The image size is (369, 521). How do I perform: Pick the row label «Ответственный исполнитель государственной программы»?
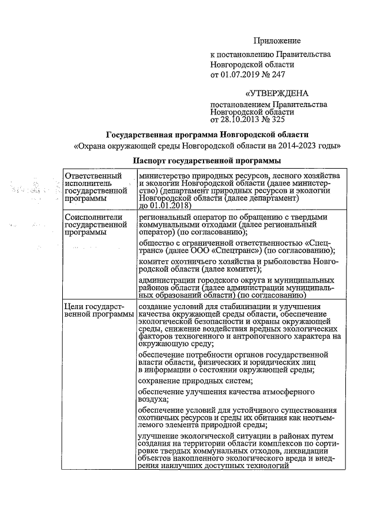(96, 187)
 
